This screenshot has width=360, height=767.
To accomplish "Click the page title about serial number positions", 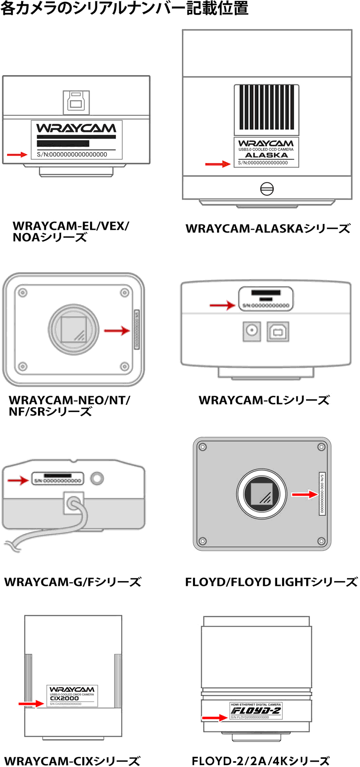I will click(x=124, y=9).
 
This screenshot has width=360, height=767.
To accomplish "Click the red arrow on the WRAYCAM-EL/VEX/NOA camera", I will click(x=17, y=155).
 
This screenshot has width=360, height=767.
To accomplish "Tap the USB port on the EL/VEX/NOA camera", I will click(x=76, y=102).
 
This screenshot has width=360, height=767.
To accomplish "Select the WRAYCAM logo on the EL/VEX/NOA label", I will click(x=77, y=128).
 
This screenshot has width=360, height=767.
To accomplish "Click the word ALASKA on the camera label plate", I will click(x=266, y=155).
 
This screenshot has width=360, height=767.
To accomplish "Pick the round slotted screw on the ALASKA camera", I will click(x=267, y=189).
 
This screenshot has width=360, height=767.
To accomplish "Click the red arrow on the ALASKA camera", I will click(x=218, y=164).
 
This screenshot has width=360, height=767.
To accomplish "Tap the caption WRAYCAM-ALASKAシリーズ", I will click(x=268, y=229).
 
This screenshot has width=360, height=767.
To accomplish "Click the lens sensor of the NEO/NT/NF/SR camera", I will click(x=74, y=330).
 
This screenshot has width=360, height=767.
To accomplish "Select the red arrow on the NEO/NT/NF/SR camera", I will click(x=117, y=331).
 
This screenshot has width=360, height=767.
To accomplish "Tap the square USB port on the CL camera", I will click(x=278, y=331).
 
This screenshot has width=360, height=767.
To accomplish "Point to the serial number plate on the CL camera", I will click(x=266, y=299).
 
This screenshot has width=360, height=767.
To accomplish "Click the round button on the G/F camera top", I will click(x=97, y=478).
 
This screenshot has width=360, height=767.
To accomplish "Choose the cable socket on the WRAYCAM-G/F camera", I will click(x=73, y=504).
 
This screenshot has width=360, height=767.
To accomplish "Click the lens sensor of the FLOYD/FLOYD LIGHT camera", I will click(x=262, y=494).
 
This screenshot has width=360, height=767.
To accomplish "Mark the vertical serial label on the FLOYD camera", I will click(x=322, y=494).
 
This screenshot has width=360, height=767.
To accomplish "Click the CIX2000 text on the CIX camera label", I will click(x=64, y=699).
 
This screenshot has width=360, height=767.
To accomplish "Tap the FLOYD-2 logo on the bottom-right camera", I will click(x=256, y=711).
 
